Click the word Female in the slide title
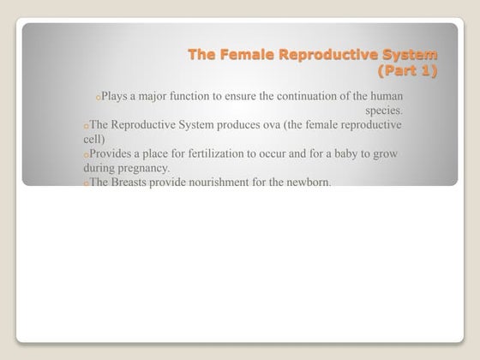[x=248, y=55]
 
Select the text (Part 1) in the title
[x=407, y=70]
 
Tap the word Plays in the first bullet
[x=114, y=96]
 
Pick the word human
[x=385, y=96]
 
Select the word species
[x=384, y=111]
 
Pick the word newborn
[x=305, y=183]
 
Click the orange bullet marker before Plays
[x=98, y=98]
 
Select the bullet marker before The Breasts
[x=86, y=184]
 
